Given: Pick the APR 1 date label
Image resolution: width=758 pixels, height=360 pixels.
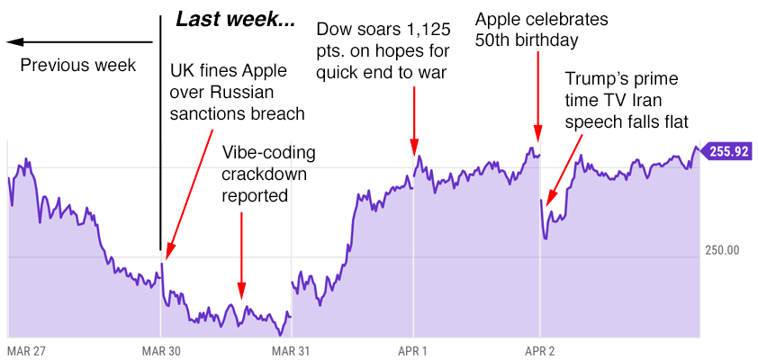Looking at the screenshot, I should [412, 349].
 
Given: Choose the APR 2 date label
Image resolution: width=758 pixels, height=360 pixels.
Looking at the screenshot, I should [539, 349].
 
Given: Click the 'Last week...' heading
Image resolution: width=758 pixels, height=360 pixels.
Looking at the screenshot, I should [235, 20].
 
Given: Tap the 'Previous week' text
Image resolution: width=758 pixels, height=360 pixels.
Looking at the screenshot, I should [77, 65].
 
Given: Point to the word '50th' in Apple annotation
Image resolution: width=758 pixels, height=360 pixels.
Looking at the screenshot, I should [493, 40].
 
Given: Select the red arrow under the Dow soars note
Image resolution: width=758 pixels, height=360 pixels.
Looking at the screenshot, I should [414, 117].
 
